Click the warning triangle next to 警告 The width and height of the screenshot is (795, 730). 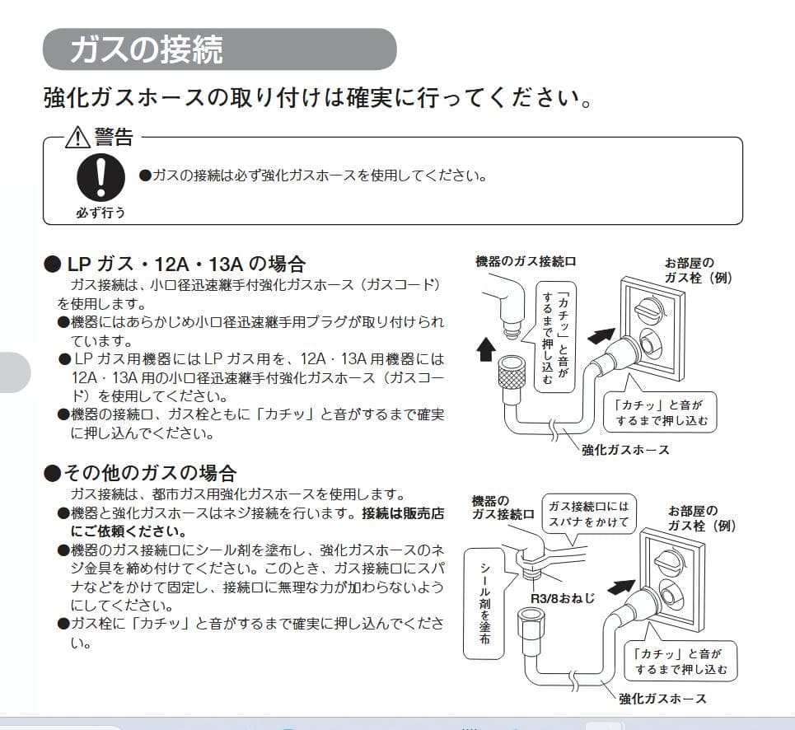click(x=78, y=135)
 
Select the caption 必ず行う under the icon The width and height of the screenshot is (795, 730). click(x=101, y=212)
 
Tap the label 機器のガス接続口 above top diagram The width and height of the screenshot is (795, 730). click(x=526, y=261)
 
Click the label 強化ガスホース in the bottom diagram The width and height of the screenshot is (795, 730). click(x=662, y=698)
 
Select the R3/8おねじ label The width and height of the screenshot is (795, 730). click(x=563, y=597)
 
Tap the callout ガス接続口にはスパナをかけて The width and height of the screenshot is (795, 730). click(x=587, y=514)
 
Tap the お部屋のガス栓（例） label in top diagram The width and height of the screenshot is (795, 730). click(x=698, y=270)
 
